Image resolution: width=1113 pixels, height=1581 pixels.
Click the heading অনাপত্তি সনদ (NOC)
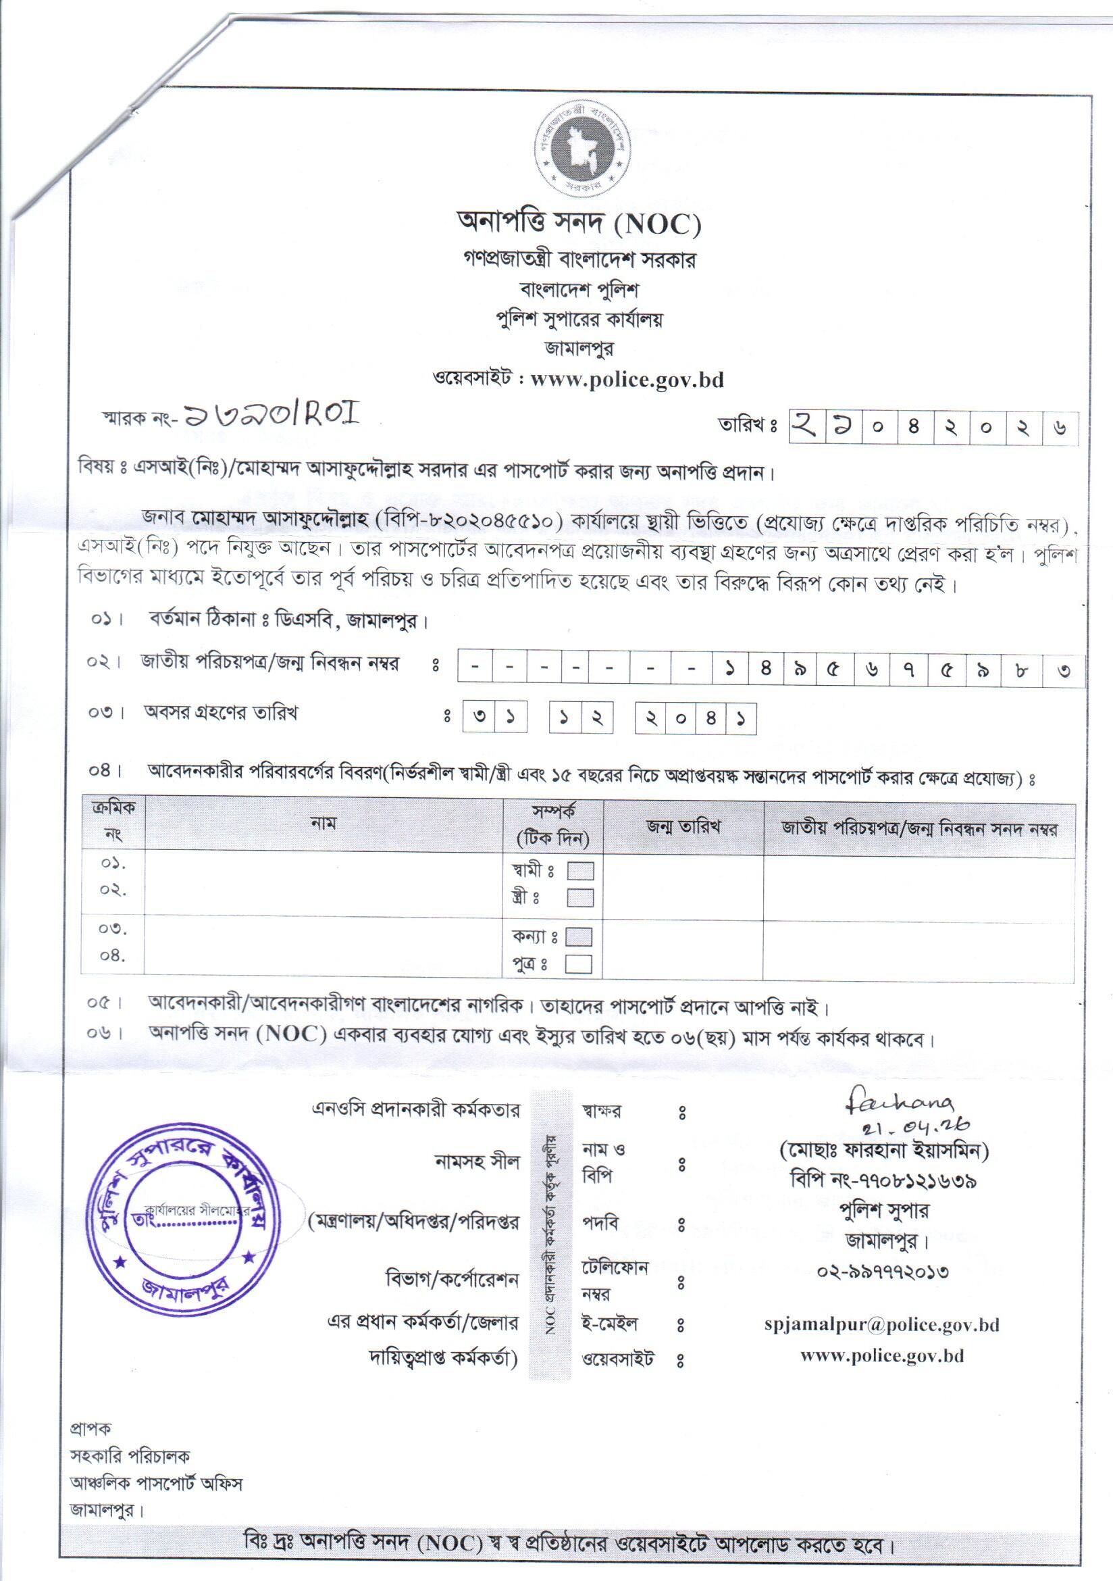579,222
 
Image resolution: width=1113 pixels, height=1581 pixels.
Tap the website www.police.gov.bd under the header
626,380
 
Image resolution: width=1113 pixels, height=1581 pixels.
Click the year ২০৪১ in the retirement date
696,719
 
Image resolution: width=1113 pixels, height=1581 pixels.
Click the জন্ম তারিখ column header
683,826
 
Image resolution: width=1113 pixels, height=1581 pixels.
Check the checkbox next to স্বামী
580,871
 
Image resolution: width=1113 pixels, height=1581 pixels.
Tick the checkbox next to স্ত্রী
580,898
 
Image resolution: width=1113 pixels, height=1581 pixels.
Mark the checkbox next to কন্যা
580,936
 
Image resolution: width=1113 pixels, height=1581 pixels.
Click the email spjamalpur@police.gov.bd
882,1324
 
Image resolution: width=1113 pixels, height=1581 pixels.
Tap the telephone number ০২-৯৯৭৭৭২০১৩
883,1270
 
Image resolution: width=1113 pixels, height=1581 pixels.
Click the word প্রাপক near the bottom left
91,1430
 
